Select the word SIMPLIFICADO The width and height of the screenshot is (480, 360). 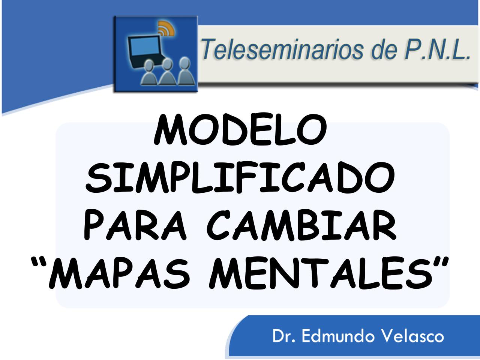click(x=240, y=179)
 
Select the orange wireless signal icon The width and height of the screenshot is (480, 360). click(x=165, y=28)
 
